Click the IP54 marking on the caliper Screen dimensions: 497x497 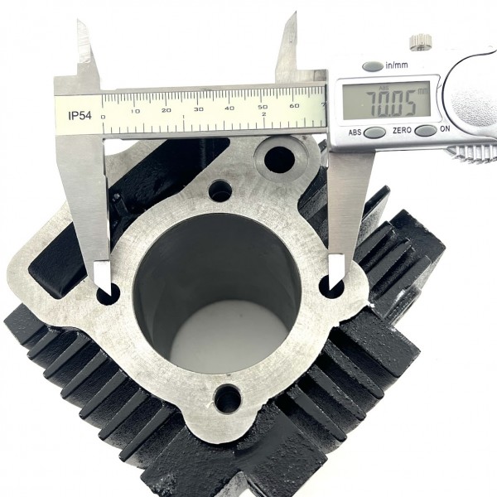(x=80, y=116)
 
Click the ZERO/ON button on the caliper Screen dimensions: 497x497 (x=426, y=130)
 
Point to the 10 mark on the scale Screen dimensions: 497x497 (x=136, y=112)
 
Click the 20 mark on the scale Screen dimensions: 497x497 (x=166, y=110)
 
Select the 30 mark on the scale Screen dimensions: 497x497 (x=199, y=109)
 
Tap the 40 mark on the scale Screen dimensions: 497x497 (x=229, y=108)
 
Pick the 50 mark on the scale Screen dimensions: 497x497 (x=263, y=107)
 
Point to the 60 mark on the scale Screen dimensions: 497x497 (x=294, y=105)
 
